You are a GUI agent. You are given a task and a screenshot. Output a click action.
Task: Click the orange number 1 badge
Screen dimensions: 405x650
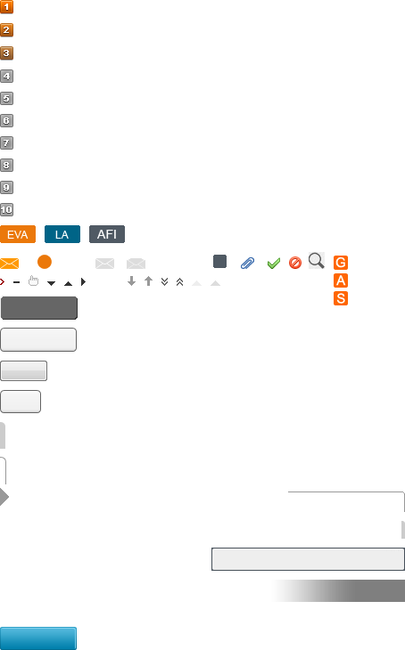click(6, 6)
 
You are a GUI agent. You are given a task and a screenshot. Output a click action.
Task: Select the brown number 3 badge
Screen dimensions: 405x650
click(6, 53)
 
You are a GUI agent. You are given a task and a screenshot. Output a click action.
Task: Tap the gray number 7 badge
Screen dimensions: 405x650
click(6, 143)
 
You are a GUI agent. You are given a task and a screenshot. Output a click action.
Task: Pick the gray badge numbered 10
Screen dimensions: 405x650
click(6, 210)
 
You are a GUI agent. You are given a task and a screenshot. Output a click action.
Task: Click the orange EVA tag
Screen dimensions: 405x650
click(18, 234)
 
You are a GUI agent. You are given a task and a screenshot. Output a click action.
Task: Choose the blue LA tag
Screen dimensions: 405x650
click(62, 234)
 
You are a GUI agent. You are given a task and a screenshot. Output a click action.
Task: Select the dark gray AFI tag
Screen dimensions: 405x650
click(107, 234)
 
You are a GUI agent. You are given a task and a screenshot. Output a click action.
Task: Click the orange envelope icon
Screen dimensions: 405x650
click(9, 264)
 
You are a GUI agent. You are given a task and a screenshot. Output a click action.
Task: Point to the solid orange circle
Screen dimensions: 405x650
click(45, 262)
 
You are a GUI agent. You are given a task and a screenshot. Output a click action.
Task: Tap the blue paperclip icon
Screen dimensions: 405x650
click(248, 264)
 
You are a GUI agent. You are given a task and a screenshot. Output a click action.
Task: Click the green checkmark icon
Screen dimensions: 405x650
click(274, 264)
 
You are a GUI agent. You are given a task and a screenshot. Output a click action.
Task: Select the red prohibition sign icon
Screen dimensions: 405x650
click(295, 263)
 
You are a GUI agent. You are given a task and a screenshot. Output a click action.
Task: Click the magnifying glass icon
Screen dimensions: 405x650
click(316, 261)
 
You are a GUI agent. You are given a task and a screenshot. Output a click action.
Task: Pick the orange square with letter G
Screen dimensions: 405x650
click(341, 263)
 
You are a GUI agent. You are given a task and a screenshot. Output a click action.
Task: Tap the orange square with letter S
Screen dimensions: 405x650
click(341, 298)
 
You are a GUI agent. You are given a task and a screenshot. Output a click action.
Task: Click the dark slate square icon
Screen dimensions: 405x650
click(219, 262)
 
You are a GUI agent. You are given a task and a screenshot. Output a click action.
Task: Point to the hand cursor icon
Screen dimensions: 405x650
click(33, 281)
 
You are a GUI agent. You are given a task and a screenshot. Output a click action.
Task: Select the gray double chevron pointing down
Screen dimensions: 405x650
click(164, 282)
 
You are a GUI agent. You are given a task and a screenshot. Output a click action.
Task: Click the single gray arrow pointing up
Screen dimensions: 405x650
click(148, 281)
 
